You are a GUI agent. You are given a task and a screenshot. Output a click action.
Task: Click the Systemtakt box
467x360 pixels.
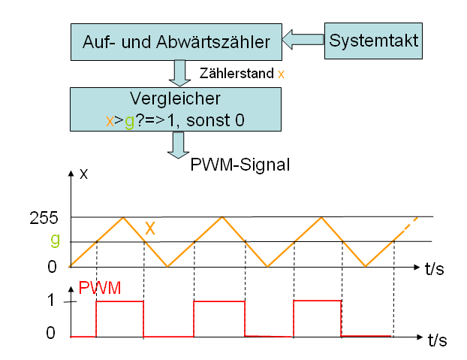point(374,39)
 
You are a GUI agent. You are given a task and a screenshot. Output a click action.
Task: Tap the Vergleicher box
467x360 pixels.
point(174,109)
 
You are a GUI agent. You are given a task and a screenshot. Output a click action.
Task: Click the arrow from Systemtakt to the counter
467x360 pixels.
point(303,39)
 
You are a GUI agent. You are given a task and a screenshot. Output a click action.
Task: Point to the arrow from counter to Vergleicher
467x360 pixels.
point(179,73)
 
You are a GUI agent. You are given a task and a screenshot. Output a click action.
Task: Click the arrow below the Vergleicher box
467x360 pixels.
point(179,144)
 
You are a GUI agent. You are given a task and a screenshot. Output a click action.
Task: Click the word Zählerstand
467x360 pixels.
point(237,74)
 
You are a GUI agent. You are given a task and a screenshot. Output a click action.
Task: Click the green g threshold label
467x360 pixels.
point(54,241)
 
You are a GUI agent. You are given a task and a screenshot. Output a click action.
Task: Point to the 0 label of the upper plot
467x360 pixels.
point(52,267)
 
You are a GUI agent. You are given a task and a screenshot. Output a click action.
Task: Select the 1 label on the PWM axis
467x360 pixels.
point(52,301)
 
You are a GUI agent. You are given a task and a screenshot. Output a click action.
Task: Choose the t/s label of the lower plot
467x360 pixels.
point(437,340)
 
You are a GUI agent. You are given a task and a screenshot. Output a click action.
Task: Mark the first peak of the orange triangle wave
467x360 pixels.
point(124,217)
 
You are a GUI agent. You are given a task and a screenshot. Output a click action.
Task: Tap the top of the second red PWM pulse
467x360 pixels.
point(219,301)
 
